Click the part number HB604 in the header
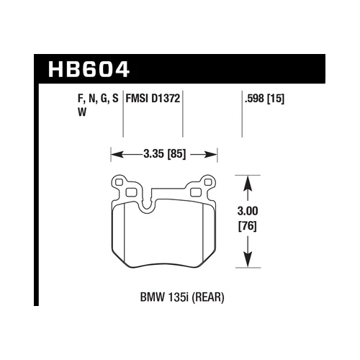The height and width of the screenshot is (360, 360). click(89, 70)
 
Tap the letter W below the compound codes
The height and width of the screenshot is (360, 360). click(60, 113)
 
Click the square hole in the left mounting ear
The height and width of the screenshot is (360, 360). click(131, 192)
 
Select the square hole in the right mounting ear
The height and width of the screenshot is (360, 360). click(196, 192)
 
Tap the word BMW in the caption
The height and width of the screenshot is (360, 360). click(148, 295)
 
